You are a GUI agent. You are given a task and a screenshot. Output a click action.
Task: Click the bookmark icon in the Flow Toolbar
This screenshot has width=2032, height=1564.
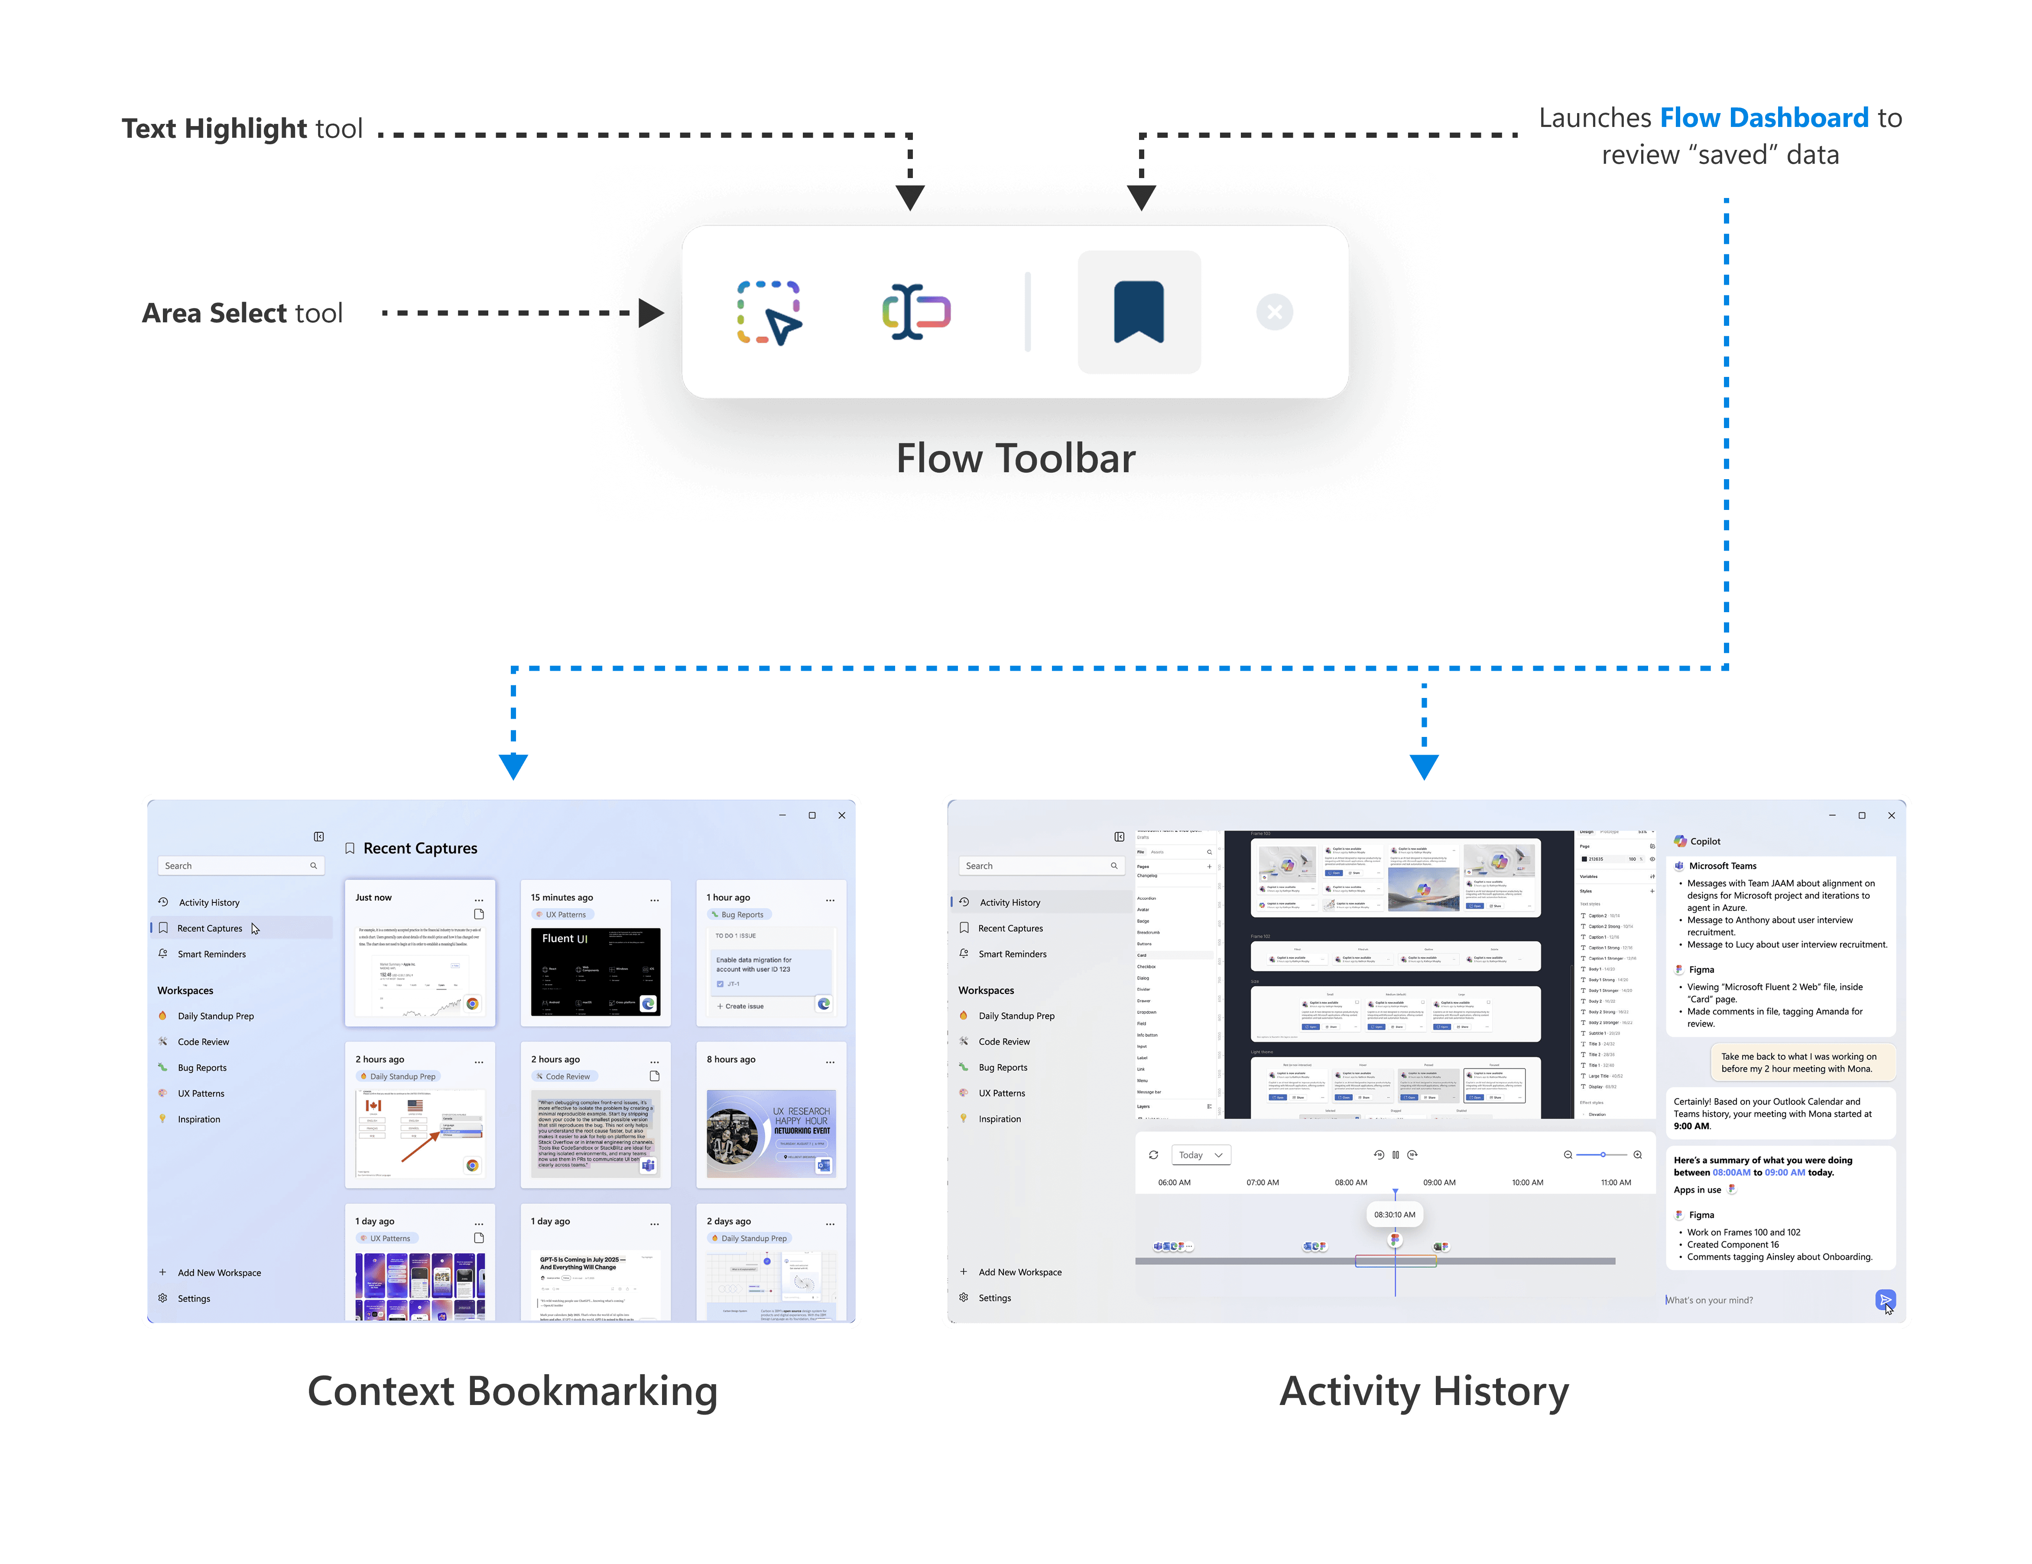[1139, 312]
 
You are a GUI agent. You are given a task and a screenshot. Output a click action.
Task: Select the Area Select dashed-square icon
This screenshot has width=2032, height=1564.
[769, 312]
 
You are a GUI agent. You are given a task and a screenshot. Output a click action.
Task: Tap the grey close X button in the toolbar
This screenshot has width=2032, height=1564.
[1274, 312]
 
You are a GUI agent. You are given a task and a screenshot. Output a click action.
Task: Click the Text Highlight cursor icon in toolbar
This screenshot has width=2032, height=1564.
[916, 312]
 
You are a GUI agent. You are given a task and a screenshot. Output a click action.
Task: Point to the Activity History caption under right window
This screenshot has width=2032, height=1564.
[1424, 1392]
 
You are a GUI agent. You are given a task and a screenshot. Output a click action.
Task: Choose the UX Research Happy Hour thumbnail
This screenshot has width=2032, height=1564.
[771, 1133]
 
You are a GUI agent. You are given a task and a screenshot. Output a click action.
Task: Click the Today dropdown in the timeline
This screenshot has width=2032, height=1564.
[1200, 1155]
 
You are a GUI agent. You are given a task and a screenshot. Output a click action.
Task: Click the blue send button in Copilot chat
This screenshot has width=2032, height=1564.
[1884, 1300]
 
